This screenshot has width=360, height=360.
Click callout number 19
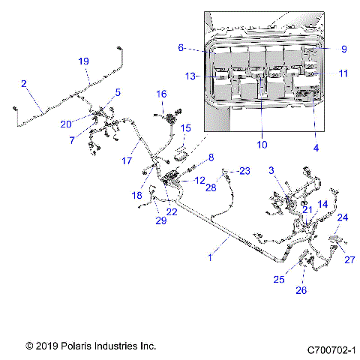coord(83,61)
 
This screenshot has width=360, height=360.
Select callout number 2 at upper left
coord(24,83)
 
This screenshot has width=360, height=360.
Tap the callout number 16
coord(161,94)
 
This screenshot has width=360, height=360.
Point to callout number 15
coord(185,128)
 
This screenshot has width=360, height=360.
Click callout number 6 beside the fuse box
coord(181,47)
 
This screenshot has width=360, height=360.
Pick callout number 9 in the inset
coord(343,49)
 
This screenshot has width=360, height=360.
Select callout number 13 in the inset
coord(191,76)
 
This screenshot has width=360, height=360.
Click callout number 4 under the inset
coord(316,148)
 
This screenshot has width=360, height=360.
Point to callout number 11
coord(343,73)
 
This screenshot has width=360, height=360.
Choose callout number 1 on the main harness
coord(211,257)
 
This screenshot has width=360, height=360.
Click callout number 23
coord(243,171)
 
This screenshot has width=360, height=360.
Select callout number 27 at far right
coord(349,260)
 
